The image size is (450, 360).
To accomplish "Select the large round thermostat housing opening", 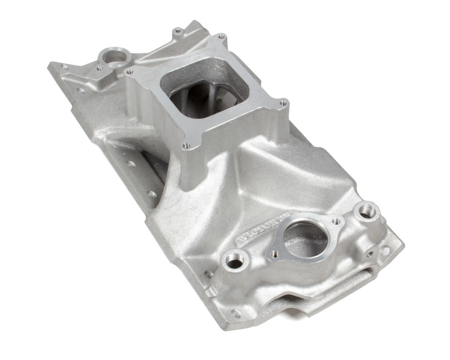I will (306, 239).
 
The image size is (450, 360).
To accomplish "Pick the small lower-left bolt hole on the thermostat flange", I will (275, 254).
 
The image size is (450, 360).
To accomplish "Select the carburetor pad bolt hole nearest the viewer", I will (185, 146).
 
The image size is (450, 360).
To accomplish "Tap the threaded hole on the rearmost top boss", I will (176, 30).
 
